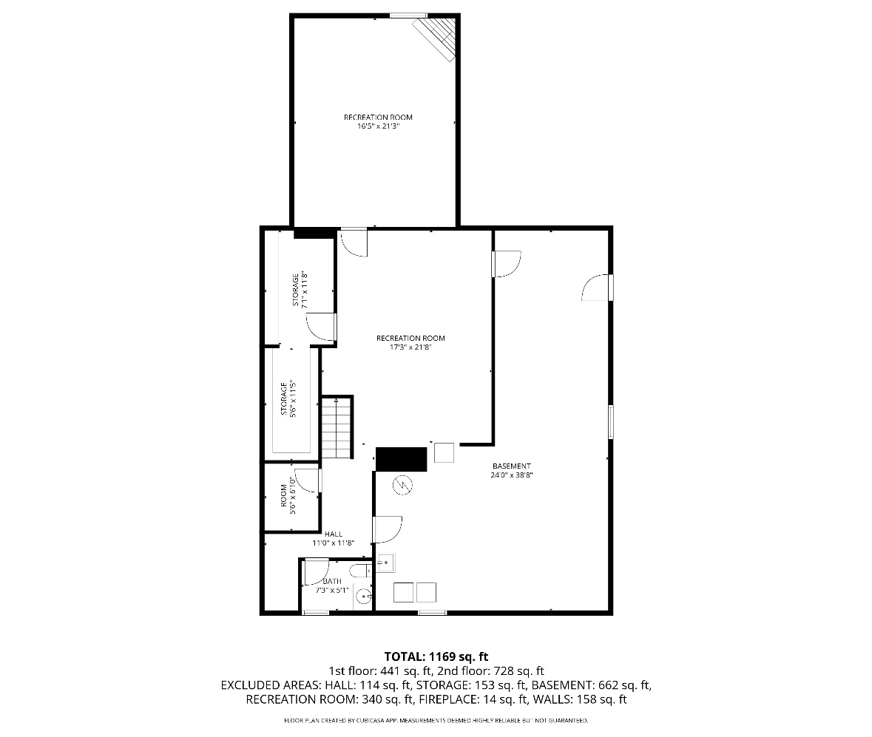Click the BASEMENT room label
(512, 466)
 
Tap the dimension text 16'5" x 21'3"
(378, 126)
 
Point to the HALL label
(334, 534)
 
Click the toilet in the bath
(362, 571)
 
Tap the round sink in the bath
(362, 596)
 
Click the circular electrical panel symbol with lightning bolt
(403, 485)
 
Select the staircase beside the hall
(336, 429)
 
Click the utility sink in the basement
(385, 563)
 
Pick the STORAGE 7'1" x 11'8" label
(300, 290)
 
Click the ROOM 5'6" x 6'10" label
(288, 498)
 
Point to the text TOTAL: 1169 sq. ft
(436, 656)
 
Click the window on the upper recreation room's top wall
(408, 15)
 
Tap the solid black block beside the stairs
(402, 459)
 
